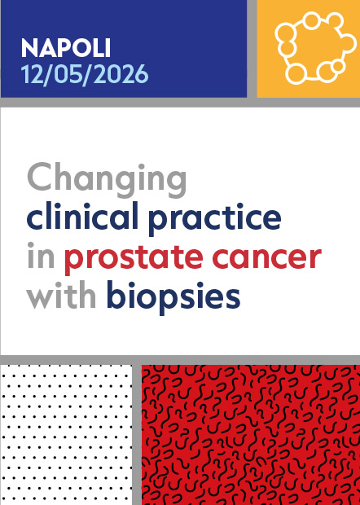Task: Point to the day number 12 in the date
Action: point(34,74)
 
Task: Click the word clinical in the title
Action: point(75,218)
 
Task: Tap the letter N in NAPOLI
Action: point(29,47)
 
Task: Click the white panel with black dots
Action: point(66,435)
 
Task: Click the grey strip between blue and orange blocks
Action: point(252,49)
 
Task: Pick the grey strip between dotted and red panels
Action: point(137,435)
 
